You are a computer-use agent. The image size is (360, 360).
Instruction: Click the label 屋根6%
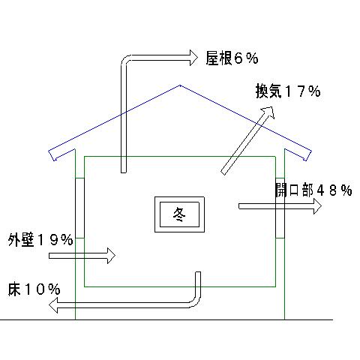pyautogui.click(x=232, y=58)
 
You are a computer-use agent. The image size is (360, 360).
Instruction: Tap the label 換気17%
pyautogui.click(x=288, y=91)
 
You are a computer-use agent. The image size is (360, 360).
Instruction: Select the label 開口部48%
pyautogui.click(x=313, y=190)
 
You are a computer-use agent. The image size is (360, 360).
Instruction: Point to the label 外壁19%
pyautogui.click(x=40, y=239)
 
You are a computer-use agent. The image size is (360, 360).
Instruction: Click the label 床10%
pyautogui.click(x=34, y=289)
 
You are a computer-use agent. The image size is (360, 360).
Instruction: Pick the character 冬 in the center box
pyautogui.click(x=179, y=214)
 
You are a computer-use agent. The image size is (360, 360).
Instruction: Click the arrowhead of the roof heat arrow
pyautogui.click(x=193, y=58)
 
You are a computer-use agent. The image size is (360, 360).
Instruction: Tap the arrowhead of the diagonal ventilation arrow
pyautogui.click(x=268, y=112)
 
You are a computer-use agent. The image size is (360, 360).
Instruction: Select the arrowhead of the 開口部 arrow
pyautogui.click(x=317, y=206)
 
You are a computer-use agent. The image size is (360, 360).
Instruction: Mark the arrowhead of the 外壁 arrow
pyautogui.click(x=112, y=256)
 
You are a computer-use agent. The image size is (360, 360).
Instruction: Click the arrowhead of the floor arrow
pyautogui.click(x=52, y=305)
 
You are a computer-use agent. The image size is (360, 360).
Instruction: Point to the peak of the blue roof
pyautogui.click(x=180, y=85)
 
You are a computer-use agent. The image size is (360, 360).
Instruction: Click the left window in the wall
pyautogui.click(x=79, y=208)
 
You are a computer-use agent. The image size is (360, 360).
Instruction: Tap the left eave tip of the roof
pyautogui.click(x=49, y=151)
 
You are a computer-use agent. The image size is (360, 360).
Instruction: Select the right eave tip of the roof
pyautogui.click(x=311, y=151)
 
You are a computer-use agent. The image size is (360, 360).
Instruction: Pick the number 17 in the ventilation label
pyautogui.click(x=295, y=91)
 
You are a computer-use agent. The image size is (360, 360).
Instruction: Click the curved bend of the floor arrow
pyautogui.click(x=195, y=301)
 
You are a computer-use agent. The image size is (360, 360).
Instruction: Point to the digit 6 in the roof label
pyautogui.click(x=239, y=58)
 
